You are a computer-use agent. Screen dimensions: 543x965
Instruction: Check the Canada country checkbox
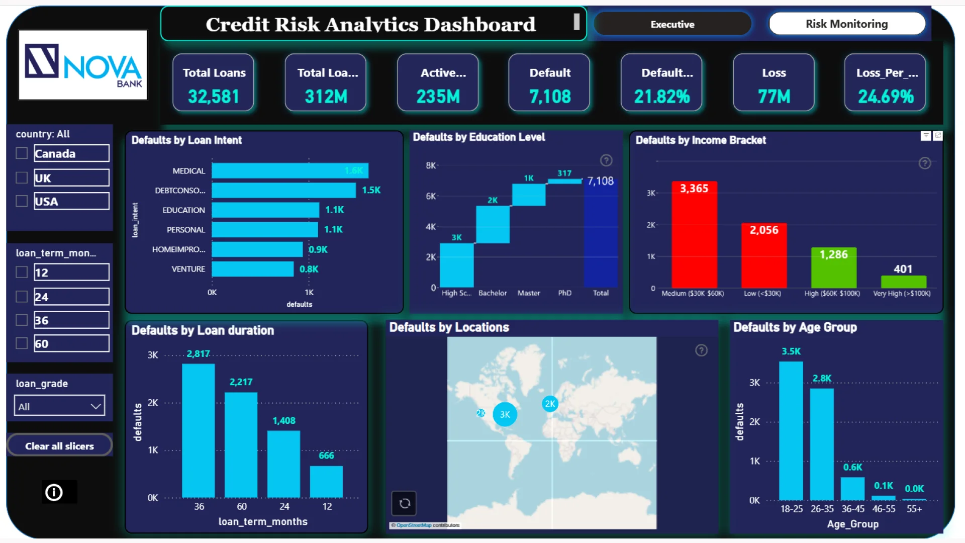pos(22,153)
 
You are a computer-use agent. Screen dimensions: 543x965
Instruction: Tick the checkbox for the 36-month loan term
pos(22,320)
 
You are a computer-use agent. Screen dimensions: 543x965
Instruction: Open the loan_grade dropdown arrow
pos(95,406)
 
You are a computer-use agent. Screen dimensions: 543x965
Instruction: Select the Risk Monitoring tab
pos(846,24)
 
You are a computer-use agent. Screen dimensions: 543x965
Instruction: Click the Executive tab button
pos(672,24)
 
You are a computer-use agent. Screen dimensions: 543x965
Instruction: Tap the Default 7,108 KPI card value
pos(550,97)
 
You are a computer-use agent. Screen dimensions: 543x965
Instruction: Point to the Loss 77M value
pos(774,97)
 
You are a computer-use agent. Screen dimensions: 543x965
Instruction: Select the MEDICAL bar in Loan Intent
pos(289,171)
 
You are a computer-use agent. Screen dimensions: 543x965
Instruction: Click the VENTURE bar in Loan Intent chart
pos(252,269)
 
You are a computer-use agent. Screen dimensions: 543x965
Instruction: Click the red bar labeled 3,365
pos(694,236)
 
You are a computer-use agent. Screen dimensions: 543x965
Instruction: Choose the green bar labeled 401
pos(903,282)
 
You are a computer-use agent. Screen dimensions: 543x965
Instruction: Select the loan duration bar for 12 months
pos(326,482)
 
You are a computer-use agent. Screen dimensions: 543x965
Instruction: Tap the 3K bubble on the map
pos(505,414)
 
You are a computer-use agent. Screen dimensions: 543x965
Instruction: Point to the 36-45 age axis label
pos(853,509)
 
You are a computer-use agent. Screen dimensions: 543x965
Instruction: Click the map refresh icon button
pos(404,503)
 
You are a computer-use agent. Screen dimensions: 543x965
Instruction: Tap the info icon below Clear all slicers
pos(54,492)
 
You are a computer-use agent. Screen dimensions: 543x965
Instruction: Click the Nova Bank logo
pos(83,65)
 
